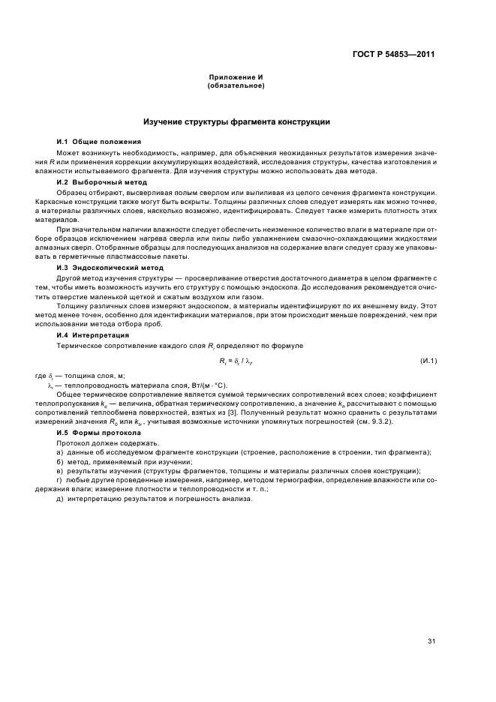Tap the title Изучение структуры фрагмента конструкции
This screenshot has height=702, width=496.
point(236,121)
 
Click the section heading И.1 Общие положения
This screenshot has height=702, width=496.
point(99,142)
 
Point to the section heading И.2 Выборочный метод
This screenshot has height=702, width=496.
point(102,182)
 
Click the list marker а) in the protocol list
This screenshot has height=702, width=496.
point(60,453)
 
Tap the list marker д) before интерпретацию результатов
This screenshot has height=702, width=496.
point(60,499)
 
